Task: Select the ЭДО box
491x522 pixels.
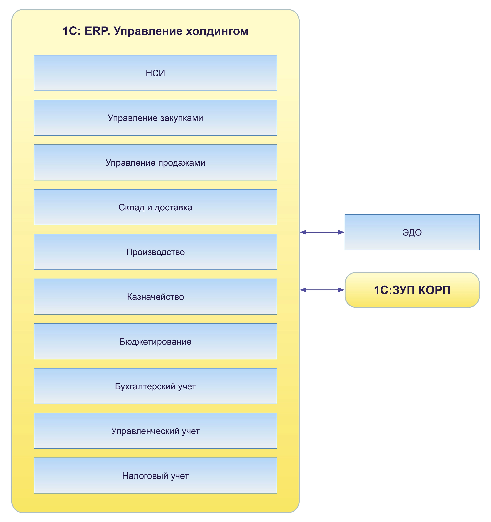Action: pos(412,232)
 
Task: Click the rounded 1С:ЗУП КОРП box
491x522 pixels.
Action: pos(412,290)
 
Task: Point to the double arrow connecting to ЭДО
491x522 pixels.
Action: pos(322,232)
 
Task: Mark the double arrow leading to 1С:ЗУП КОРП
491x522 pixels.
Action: pos(322,290)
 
